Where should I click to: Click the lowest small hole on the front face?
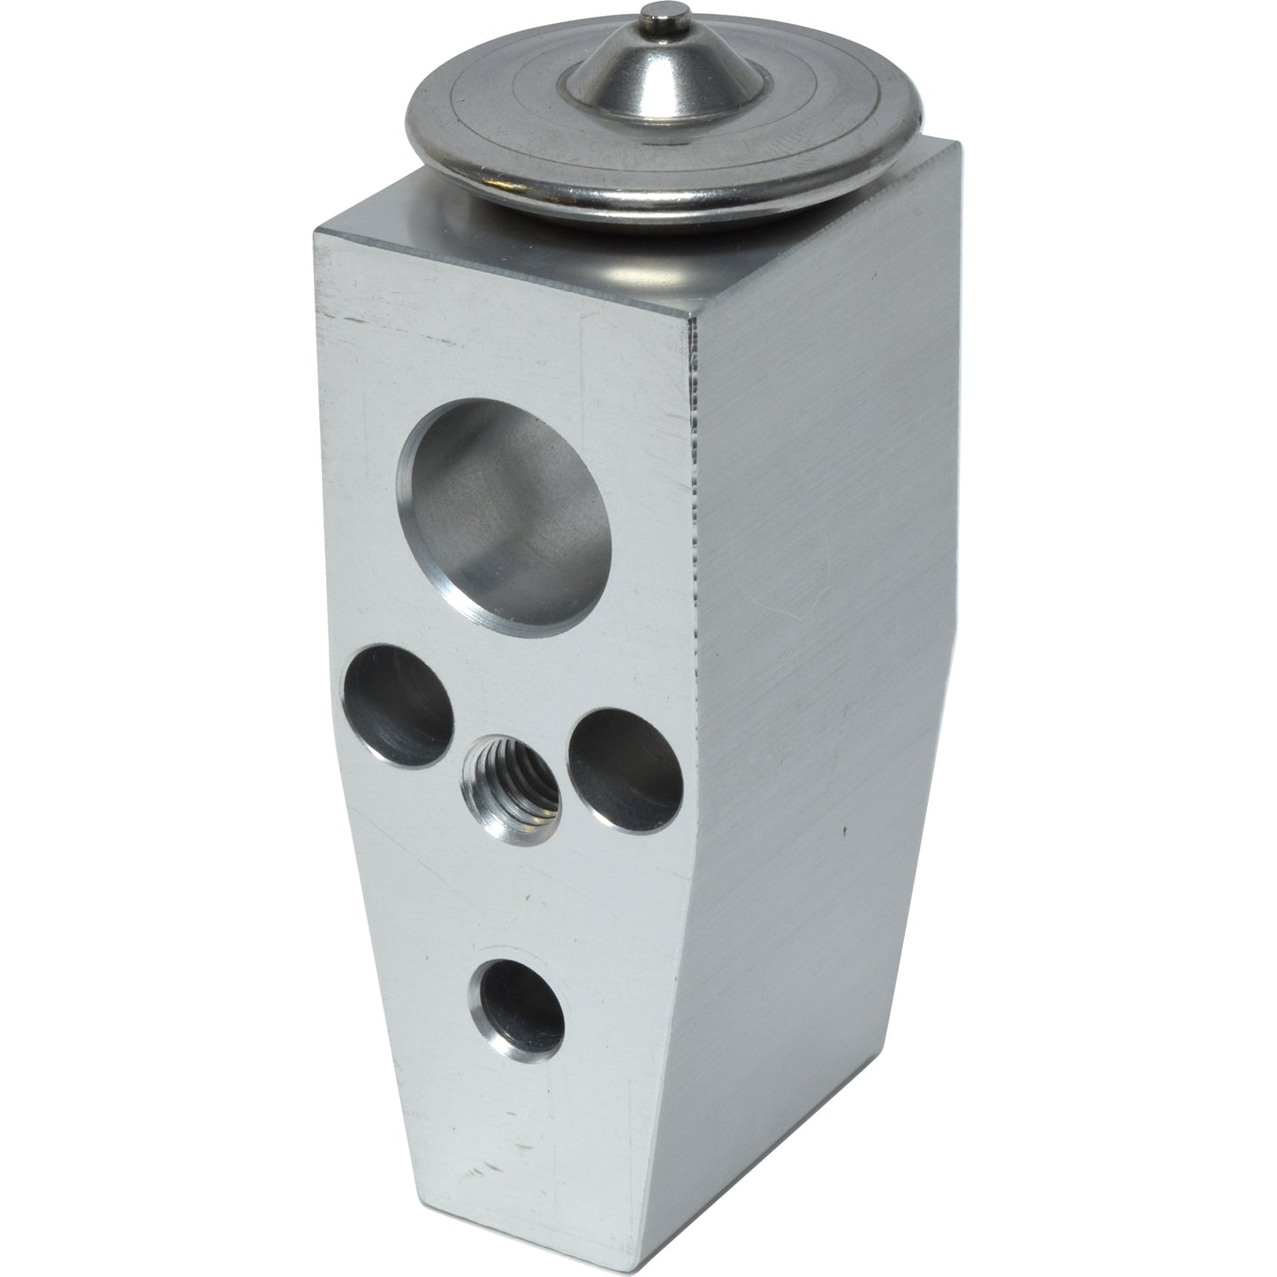pos(519,1008)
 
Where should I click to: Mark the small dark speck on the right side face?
pos(846,831)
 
